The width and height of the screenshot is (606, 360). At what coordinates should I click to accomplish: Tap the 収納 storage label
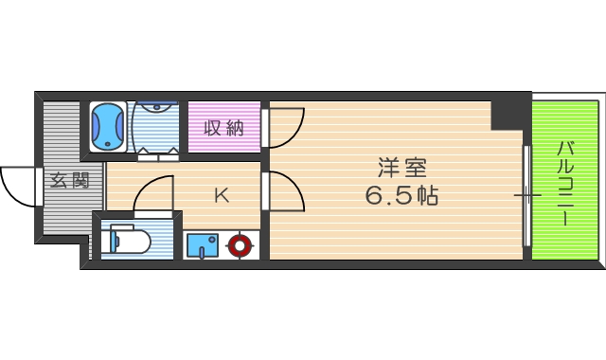pyautogui.click(x=224, y=128)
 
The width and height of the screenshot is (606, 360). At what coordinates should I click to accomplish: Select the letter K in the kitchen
pyautogui.click(x=221, y=196)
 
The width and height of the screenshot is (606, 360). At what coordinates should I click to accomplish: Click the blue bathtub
pyautogui.click(x=108, y=126)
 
